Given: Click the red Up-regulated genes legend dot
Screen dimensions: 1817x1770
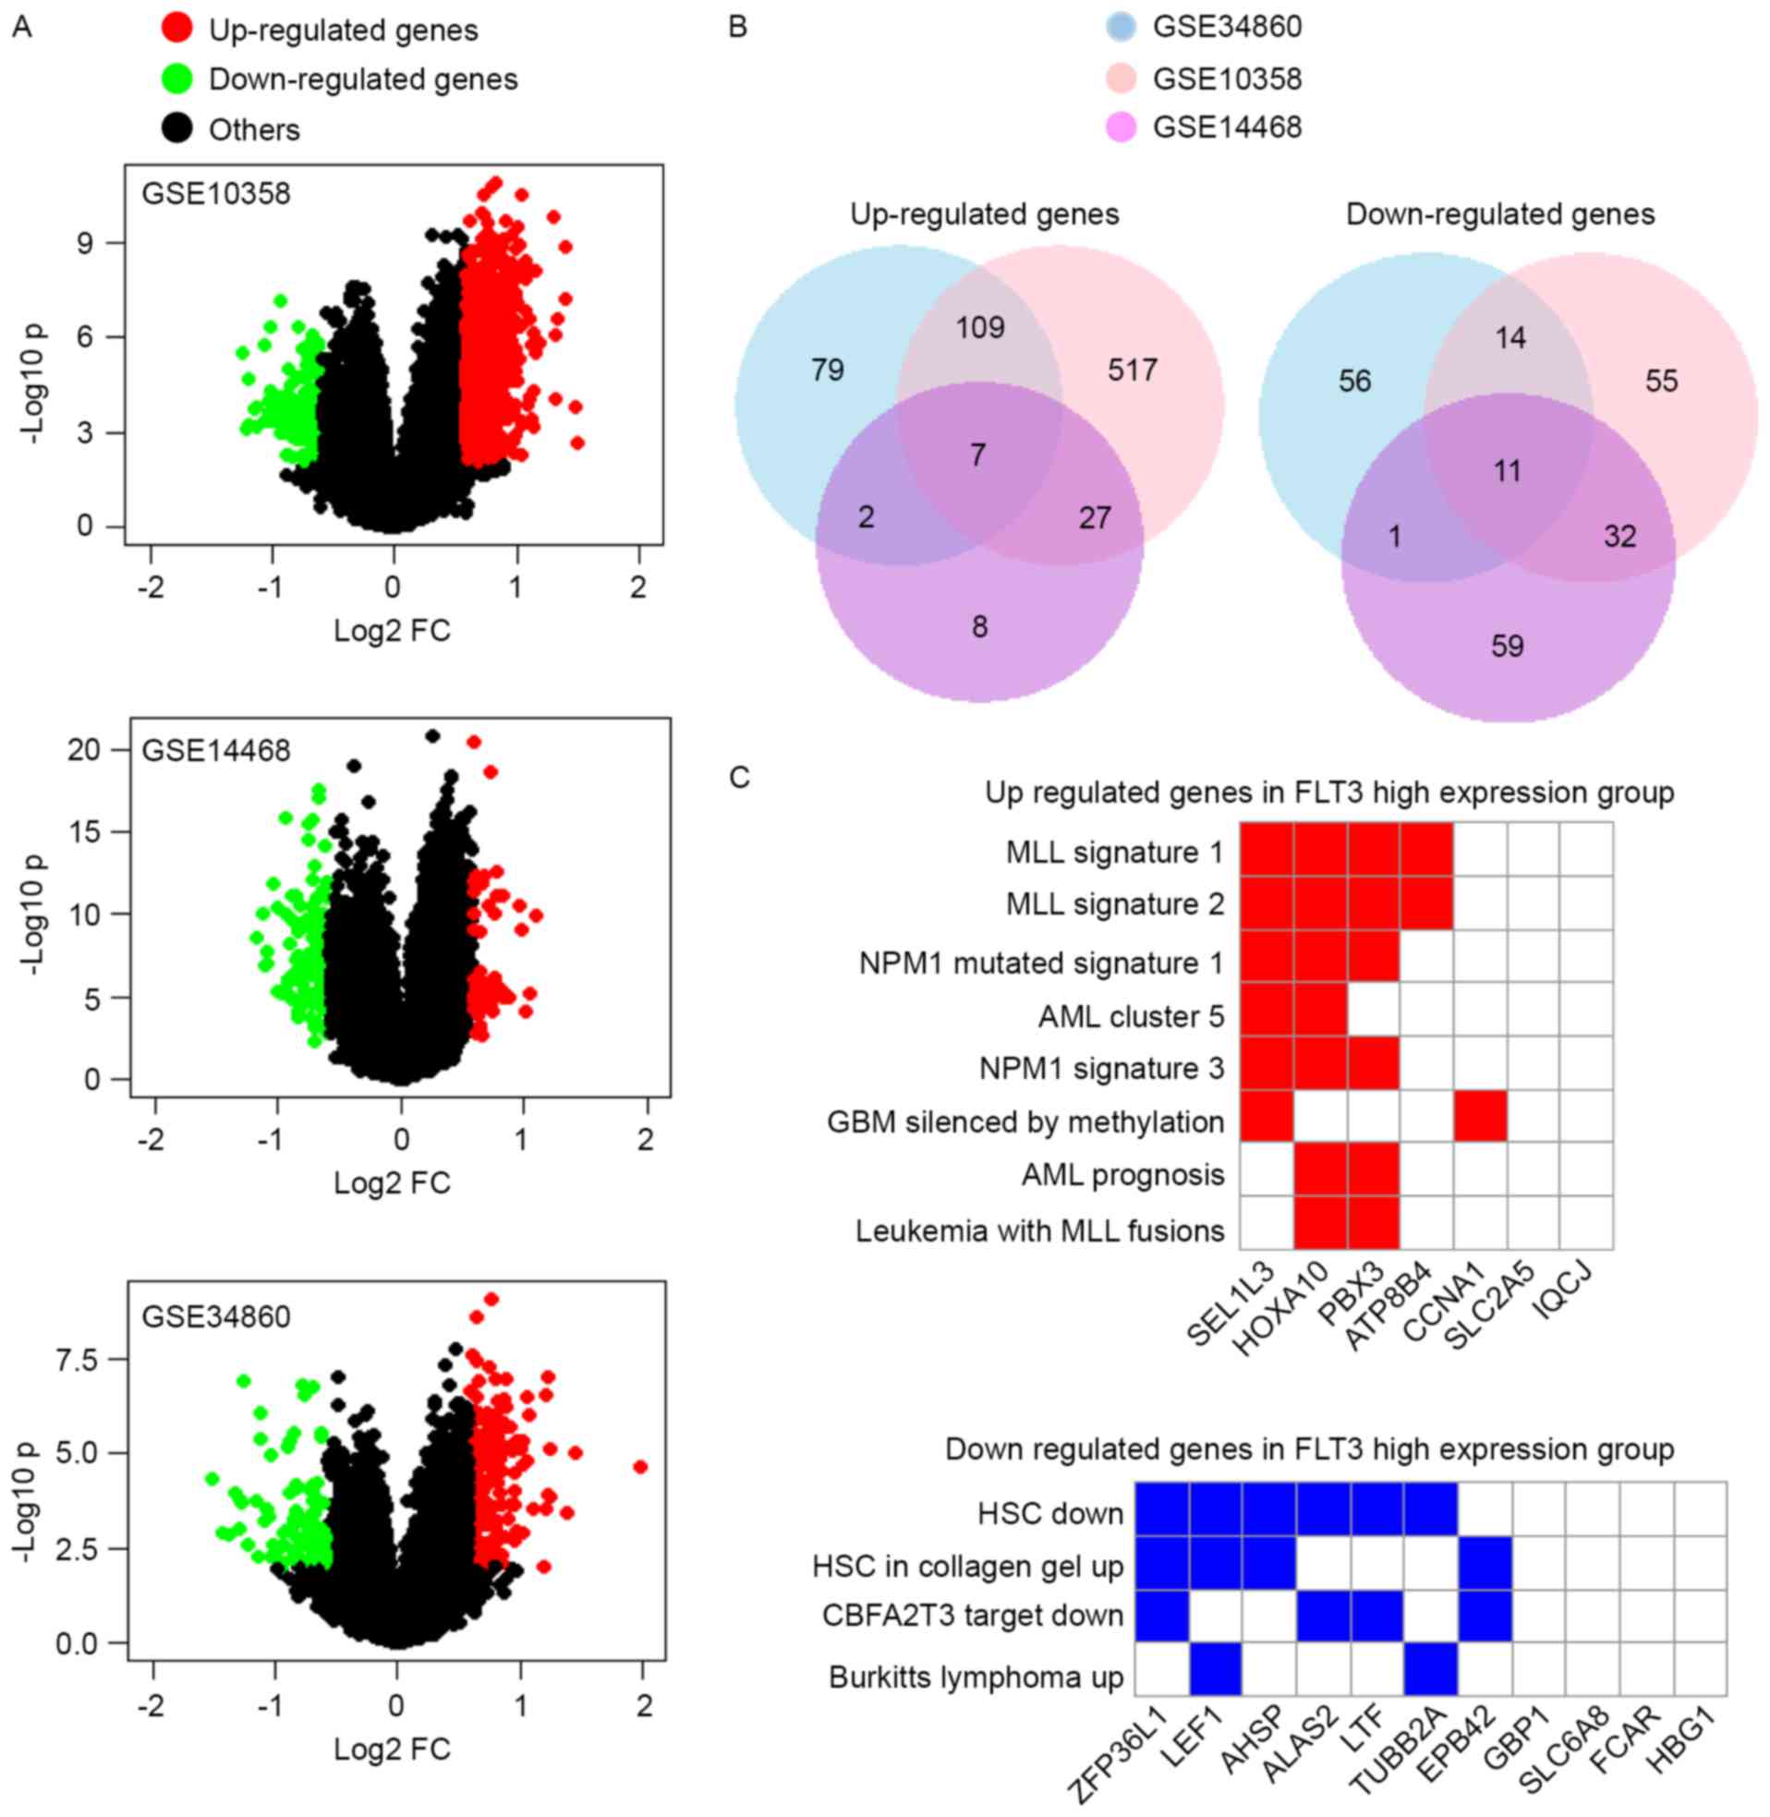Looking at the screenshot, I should pos(176,29).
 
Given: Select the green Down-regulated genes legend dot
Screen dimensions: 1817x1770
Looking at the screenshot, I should pos(176,79).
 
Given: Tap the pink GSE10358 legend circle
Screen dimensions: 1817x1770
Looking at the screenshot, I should pos(1122,79).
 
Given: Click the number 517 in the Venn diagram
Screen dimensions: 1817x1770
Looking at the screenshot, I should pos(1132,369).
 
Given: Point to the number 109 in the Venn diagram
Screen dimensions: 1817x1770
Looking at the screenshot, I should pos(980,327).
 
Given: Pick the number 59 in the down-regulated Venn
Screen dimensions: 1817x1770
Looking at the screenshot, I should pos(1507,646).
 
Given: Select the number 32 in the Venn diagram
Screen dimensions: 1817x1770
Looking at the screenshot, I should pos(1619,536).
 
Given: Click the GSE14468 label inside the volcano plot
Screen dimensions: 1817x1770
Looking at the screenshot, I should pos(215,750).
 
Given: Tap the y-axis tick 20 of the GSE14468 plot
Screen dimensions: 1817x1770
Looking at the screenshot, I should pos(84,749).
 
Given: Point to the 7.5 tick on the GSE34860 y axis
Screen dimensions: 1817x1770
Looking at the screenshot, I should pos(77,1360).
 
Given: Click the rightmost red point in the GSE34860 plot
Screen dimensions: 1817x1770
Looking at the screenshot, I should pos(639,1467).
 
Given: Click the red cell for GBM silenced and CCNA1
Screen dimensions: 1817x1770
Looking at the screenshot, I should pos(1480,1115).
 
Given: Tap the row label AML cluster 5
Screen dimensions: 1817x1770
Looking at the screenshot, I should pos(1131,1017).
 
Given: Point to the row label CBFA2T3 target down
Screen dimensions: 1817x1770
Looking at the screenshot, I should pos(973,1616).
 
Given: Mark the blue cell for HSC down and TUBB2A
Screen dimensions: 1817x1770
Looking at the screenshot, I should pos(1431,1510).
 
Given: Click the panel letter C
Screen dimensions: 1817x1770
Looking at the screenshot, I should pos(739,777).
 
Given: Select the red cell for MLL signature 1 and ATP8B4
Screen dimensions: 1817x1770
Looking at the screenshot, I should pos(1426,850).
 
